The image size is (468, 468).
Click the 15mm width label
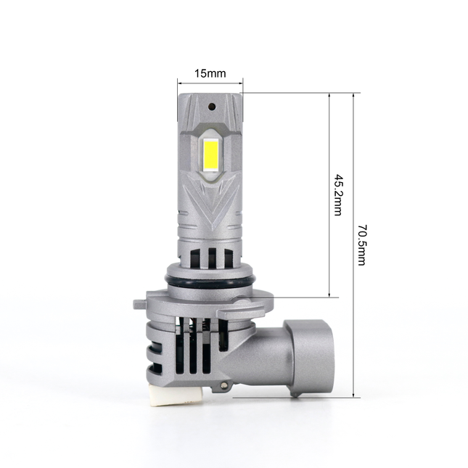[x=210, y=73]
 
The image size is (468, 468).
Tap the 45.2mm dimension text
[x=337, y=194]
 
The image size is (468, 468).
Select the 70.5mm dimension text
[x=361, y=245]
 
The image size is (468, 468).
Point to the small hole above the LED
[x=211, y=106]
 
